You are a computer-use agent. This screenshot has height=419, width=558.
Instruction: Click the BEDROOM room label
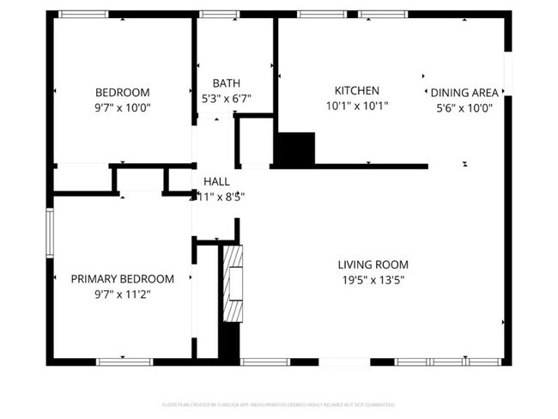(122, 93)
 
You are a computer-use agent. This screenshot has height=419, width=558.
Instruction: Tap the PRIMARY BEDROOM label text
(122, 279)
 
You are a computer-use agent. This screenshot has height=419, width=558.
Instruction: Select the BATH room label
(227, 83)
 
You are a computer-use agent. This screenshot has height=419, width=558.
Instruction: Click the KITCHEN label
(356, 91)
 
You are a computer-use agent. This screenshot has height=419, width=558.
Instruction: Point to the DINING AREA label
(464, 93)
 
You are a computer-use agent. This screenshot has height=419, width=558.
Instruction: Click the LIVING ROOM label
(373, 265)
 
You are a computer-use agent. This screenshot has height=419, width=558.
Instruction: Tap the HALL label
(216, 182)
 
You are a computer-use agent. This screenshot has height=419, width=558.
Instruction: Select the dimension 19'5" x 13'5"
(373, 280)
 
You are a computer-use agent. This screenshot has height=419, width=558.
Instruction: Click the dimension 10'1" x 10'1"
(356, 106)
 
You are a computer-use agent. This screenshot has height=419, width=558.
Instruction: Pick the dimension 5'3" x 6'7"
(227, 98)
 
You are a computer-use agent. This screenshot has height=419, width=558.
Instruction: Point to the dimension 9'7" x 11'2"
(122, 294)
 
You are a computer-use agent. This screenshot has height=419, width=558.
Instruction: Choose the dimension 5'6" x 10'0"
(464, 107)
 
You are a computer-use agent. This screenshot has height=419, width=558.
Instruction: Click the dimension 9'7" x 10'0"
(122, 107)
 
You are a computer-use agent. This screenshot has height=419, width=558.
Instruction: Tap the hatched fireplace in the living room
(233, 283)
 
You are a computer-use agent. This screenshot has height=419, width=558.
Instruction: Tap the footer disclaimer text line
(278, 404)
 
